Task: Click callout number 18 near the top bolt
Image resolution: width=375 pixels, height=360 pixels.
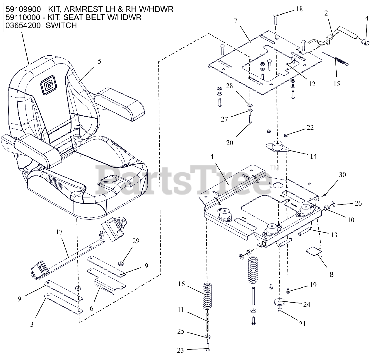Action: click(299, 9)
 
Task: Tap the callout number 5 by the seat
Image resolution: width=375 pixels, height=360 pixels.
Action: click(99, 62)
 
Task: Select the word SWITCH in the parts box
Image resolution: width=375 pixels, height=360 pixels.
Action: click(62, 25)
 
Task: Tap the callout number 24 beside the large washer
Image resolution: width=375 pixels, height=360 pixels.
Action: click(306, 304)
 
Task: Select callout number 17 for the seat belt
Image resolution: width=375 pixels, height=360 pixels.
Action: click(59, 233)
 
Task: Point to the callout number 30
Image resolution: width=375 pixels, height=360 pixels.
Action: click(342, 175)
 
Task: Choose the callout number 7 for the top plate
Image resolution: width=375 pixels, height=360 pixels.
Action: click(236, 20)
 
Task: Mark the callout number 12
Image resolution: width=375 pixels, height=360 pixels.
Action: click(312, 84)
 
